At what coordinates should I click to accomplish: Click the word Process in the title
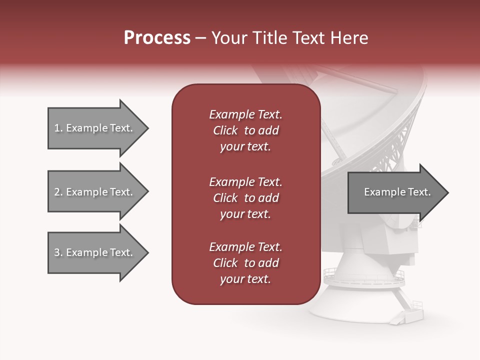click(157, 37)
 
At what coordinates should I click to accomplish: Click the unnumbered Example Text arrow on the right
click(396, 192)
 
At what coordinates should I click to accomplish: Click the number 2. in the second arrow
click(58, 192)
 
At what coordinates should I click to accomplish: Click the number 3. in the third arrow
click(58, 252)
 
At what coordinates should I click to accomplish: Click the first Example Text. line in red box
click(245, 114)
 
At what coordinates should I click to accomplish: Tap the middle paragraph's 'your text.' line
click(245, 214)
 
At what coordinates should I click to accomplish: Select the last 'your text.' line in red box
click(245, 279)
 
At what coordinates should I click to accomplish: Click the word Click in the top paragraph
click(225, 130)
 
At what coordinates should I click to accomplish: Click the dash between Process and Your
click(201, 38)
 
